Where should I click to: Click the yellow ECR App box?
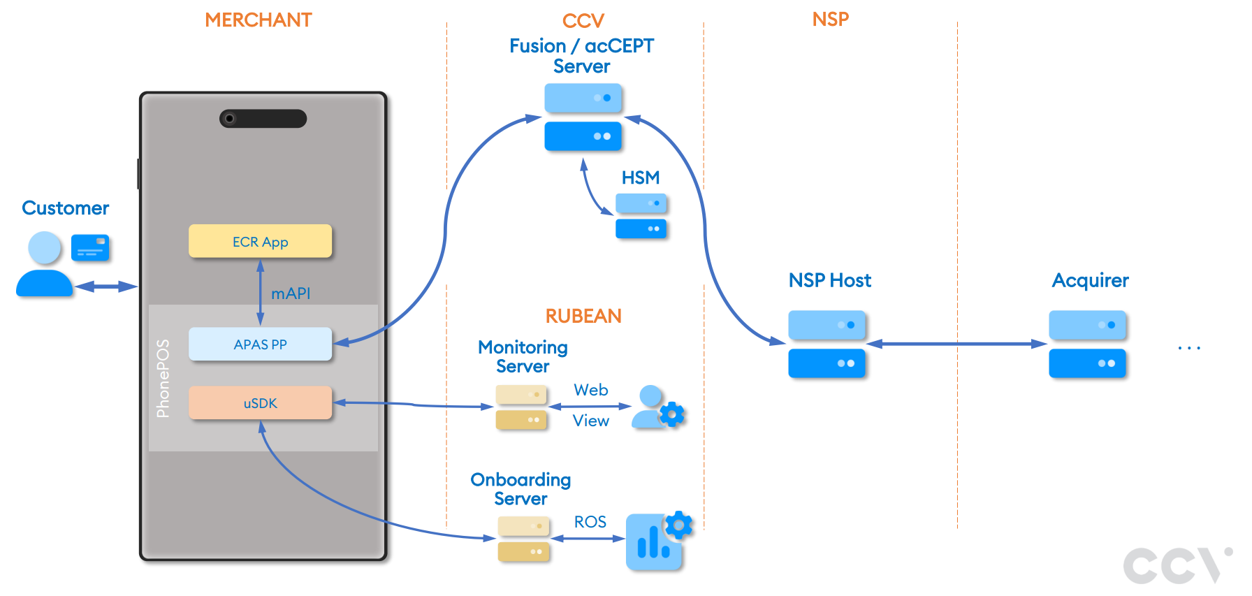point(260,242)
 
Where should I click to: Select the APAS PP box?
point(260,344)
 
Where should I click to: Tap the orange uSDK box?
point(260,403)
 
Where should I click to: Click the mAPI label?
point(291,293)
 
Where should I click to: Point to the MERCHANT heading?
point(259,20)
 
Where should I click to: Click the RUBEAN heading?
point(583,317)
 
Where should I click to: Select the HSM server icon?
point(641,217)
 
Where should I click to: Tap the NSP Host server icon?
point(827,344)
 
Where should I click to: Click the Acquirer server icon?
point(1087,344)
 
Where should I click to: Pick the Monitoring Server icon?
point(521,407)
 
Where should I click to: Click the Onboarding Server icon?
point(523,539)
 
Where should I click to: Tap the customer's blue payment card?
point(90,248)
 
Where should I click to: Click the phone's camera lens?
point(229,119)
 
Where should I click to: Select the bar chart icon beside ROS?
point(655,542)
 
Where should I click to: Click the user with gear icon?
point(657,407)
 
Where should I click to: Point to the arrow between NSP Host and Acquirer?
point(956,344)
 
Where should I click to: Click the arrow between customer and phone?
point(106,286)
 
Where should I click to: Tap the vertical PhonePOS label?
point(163,379)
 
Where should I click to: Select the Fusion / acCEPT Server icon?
point(583,117)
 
